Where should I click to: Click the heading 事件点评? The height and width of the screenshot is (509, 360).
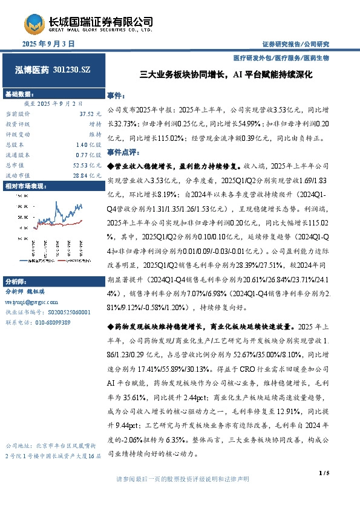tap(124, 152)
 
